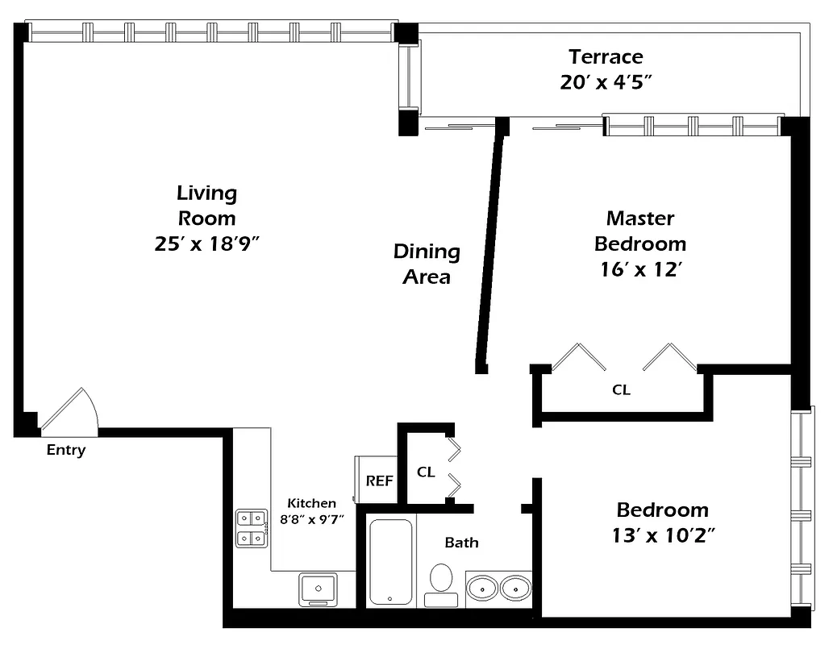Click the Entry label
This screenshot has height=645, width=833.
(x=65, y=451)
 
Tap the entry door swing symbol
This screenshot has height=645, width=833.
(x=72, y=411)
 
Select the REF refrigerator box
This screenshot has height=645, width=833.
(x=379, y=481)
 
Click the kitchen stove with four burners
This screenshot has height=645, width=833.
(x=252, y=528)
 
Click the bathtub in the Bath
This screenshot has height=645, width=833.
(x=391, y=562)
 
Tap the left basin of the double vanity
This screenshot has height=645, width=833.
(x=482, y=587)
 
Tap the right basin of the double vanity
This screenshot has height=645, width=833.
(x=515, y=587)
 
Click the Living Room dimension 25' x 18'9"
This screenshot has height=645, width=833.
(x=206, y=243)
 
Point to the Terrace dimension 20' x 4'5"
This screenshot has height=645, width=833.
(x=606, y=82)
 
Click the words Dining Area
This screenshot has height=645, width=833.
(x=427, y=264)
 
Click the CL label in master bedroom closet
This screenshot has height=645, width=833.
(x=621, y=390)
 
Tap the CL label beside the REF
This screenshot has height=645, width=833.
(x=426, y=472)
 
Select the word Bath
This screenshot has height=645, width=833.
(x=461, y=543)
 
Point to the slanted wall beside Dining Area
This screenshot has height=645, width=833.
(x=491, y=250)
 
